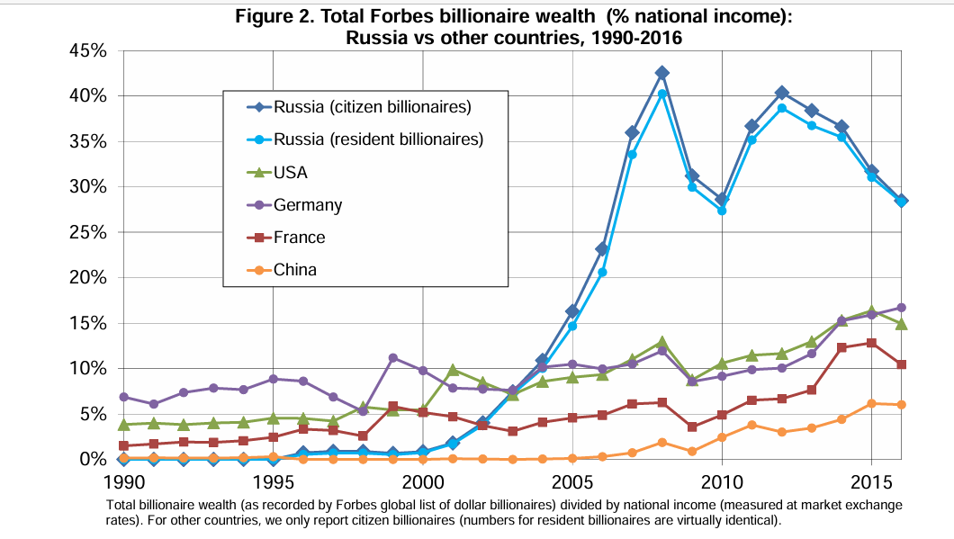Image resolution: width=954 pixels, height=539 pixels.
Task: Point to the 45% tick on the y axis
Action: point(89,50)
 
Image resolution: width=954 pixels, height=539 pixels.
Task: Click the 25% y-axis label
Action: point(89,232)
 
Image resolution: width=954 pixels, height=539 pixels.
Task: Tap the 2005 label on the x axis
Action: point(571,482)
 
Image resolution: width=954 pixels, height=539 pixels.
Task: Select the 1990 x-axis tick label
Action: point(125,482)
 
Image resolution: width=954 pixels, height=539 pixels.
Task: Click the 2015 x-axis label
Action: point(872,482)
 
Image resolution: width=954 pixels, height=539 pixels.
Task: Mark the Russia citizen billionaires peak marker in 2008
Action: point(662,73)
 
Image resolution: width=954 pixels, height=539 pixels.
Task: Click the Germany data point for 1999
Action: point(393,358)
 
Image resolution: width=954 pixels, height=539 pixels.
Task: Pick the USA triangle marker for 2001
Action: point(453,369)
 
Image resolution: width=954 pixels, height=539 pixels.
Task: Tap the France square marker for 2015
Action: point(872,343)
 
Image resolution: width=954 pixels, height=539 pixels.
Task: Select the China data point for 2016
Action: point(902,405)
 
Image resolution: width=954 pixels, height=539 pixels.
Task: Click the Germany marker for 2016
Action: point(902,308)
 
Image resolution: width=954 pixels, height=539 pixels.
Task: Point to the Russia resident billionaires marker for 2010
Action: point(722,211)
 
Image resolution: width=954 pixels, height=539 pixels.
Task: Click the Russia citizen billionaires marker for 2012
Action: point(782,93)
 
